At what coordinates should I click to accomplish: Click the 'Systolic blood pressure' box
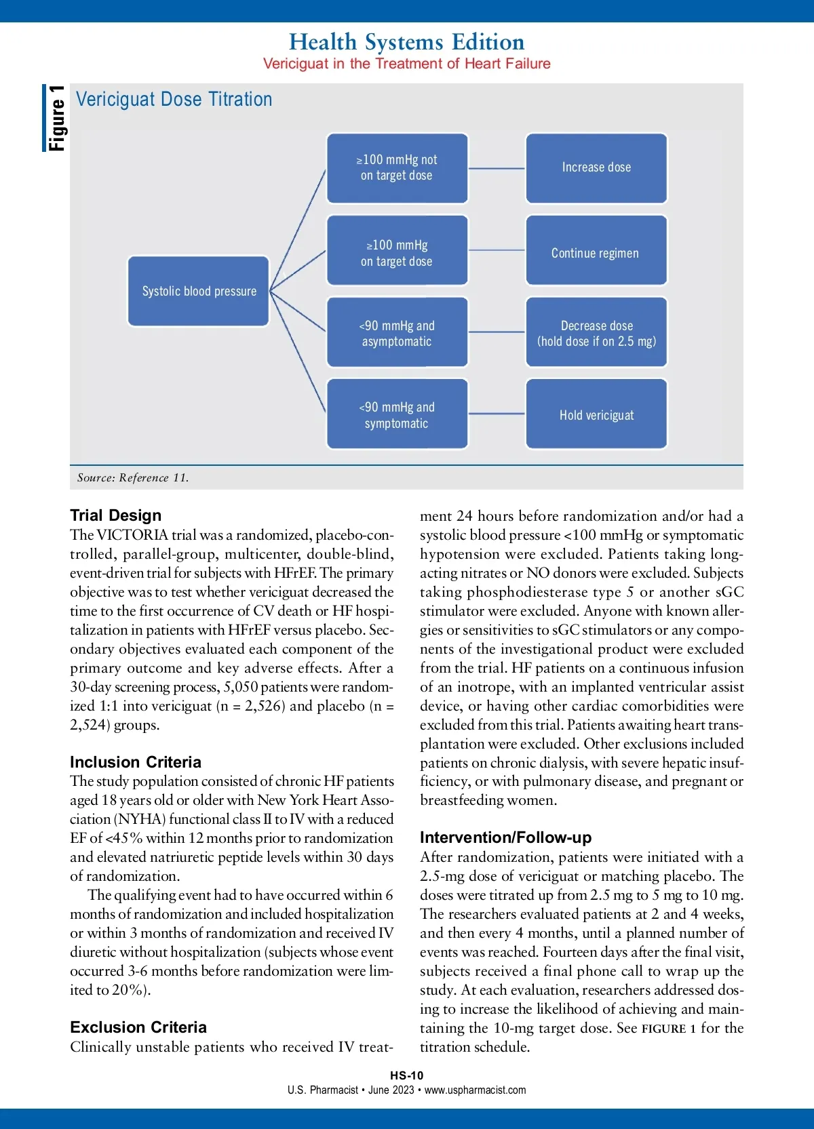pyautogui.click(x=198, y=291)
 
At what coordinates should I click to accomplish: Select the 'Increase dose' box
pyautogui.click(x=596, y=168)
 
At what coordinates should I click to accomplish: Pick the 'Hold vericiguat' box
pyautogui.click(x=596, y=414)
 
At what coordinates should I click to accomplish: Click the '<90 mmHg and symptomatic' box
pyautogui.click(x=397, y=414)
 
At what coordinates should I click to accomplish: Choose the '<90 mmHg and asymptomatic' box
pyautogui.click(x=397, y=332)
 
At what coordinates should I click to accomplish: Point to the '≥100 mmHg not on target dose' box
pyautogui.click(x=397, y=168)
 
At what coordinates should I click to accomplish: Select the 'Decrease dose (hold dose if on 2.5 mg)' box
pyautogui.click(x=596, y=332)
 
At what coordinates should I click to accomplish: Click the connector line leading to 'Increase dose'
pyautogui.click(x=497, y=168)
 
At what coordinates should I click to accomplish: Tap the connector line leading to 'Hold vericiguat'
pyautogui.click(x=497, y=414)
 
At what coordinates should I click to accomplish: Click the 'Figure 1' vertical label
pyautogui.click(x=56, y=118)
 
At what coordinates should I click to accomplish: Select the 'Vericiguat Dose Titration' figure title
pyautogui.click(x=174, y=100)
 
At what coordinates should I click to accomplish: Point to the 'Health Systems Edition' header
pyautogui.click(x=406, y=42)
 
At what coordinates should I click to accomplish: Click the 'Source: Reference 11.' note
pyautogui.click(x=133, y=477)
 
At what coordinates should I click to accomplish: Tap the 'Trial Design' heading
pyautogui.click(x=116, y=515)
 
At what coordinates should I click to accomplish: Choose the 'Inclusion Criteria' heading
pyautogui.click(x=136, y=761)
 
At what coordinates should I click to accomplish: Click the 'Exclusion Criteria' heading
pyautogui.click(x=138, y=1027)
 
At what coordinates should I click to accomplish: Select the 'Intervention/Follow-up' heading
pyautogui.click(x=505, y=837)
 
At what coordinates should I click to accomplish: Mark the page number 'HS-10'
pyautogui.click(x=406, y=1075)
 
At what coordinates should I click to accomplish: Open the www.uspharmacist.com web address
pyautogui.click(x=475, y=1090)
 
